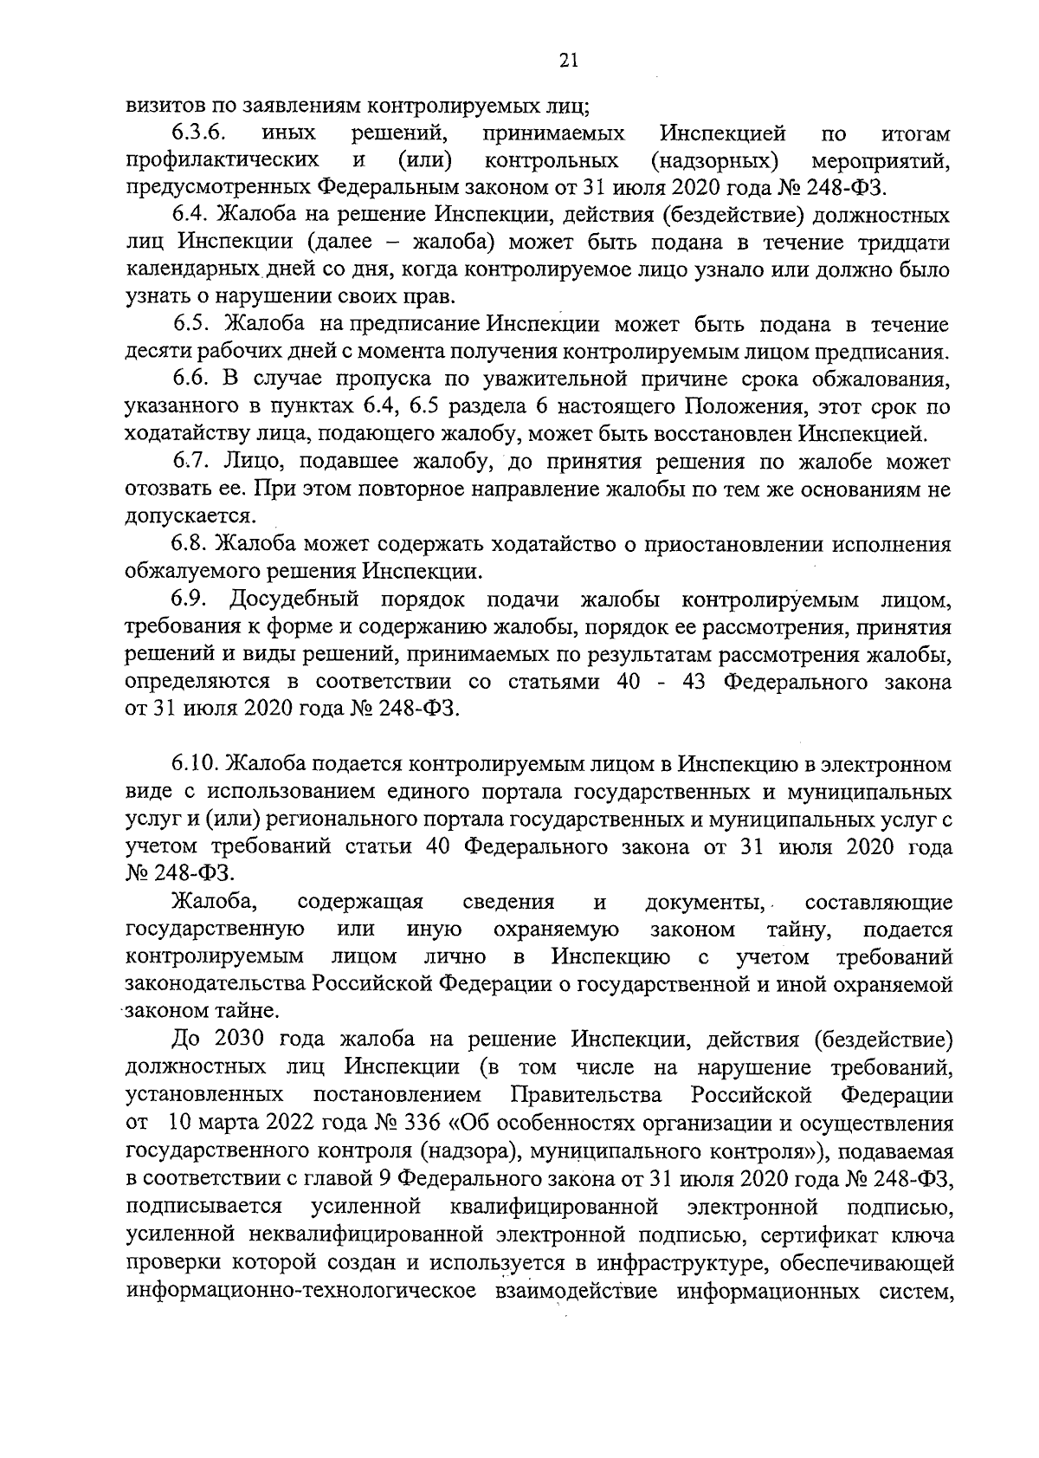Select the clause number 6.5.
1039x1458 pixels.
pos(192,325)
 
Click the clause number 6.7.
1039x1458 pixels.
pos(191,462)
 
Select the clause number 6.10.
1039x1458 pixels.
pos(196,765)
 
